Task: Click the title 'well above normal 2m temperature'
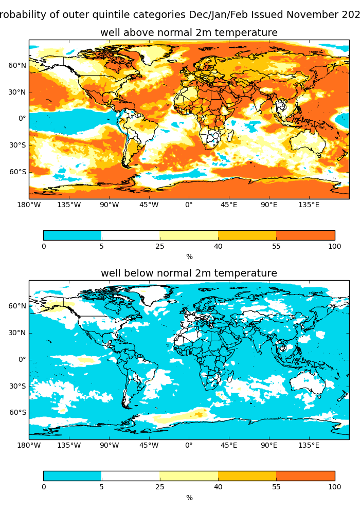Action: click(189, 33)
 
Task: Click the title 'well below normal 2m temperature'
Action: click(189, 273)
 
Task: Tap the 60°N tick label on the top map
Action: click(17, 66)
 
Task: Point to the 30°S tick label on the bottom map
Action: click(17, 386)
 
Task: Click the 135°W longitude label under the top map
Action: click(69, 205)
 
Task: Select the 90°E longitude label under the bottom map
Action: click(269, 446)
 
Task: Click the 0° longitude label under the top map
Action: click(189, 205)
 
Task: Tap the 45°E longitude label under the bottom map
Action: click(229, 446)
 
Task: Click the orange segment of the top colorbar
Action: click(305, 235)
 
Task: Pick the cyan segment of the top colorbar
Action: click(72, 235)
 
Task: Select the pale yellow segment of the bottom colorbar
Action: click(189, 476)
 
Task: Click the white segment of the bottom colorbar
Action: click(131, 476)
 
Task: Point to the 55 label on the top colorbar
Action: click(276, 246)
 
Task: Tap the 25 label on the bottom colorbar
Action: click(160, 487)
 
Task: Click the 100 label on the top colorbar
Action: click(334, 246)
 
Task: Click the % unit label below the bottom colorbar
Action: click(189, 498)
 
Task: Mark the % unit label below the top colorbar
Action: click(189, 256)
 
